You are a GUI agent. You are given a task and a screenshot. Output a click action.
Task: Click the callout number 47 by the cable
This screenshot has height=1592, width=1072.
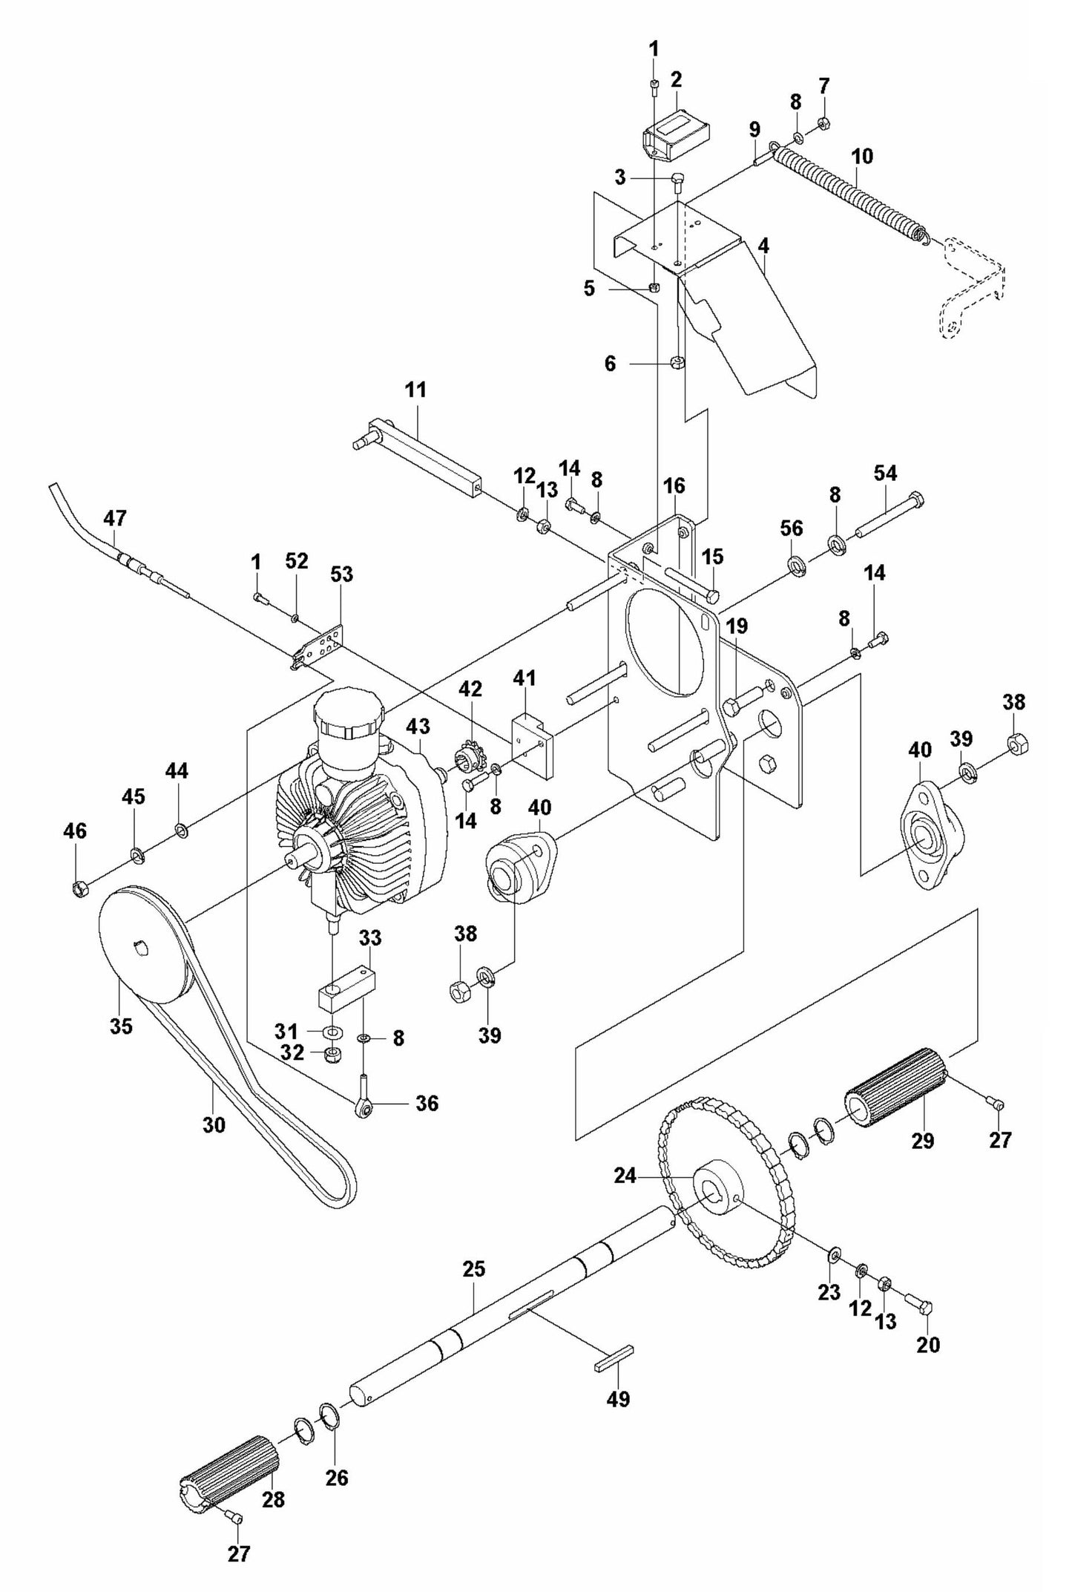(116, 518)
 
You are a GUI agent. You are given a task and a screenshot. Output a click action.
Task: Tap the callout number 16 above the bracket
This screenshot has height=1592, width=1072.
(674, 486)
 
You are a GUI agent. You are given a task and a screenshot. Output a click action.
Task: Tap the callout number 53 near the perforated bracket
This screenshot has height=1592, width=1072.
(342, 574)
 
